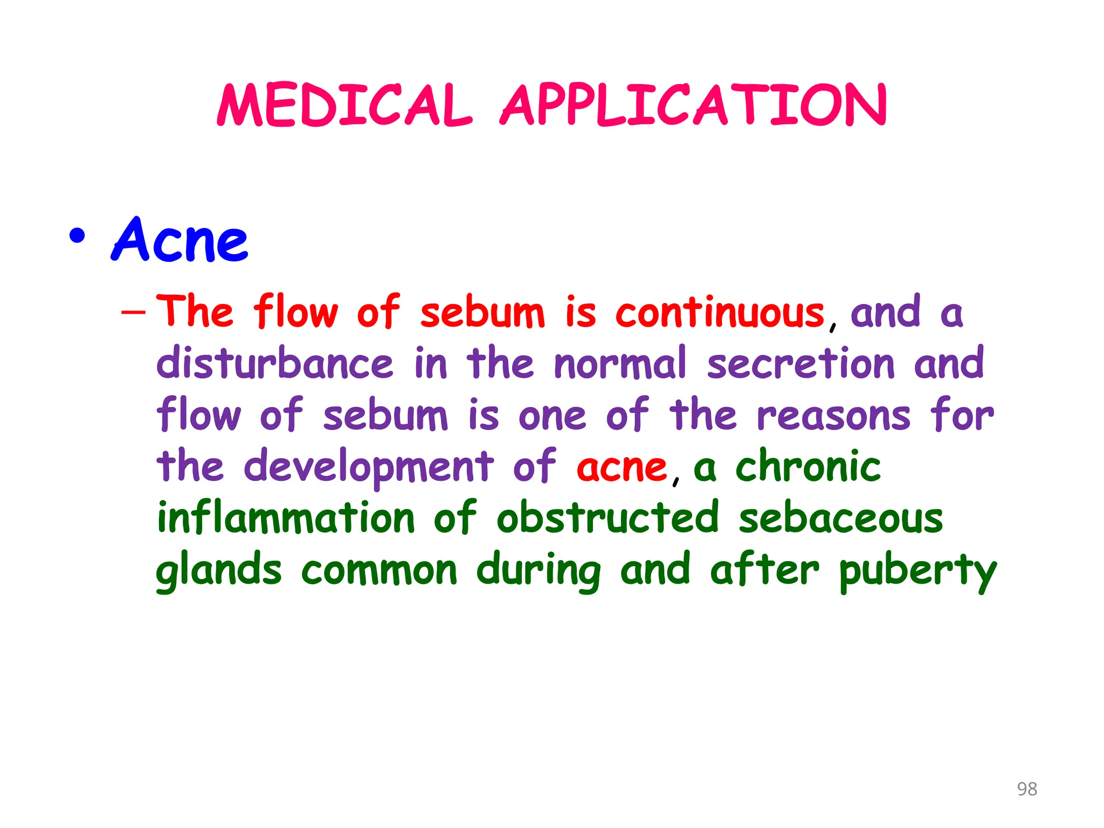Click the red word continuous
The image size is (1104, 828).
point(720,313)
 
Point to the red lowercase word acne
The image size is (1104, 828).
point(622,467)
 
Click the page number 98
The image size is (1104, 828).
point(1026,789)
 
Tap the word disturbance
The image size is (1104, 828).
point(275,363)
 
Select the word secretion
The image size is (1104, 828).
point(801,363)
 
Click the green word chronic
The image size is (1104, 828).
point(809,466)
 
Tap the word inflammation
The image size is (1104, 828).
point(286,517)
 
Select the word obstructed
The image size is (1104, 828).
point(608,517)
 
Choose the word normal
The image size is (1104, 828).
point(620,363)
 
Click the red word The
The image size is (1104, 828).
point(195,312)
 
